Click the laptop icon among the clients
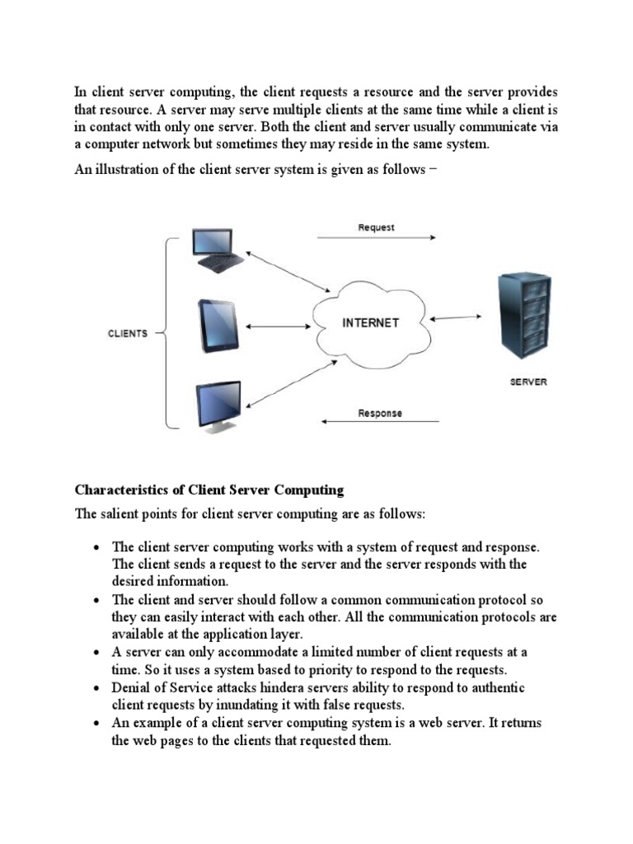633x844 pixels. click(217, 250)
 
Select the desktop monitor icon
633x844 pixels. click(218, 406)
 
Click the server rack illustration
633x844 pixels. click(522, 317)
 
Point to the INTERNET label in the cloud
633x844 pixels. click(370, 323)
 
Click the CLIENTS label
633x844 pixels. click(128, 334)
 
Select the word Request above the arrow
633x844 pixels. click(376, 227)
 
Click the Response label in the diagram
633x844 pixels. click(380, 413)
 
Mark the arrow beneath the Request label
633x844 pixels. click(376, 238)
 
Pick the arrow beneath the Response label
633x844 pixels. click(380, 423)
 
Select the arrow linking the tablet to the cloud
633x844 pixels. click(277, 326)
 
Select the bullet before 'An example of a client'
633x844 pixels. click(96, 723)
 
